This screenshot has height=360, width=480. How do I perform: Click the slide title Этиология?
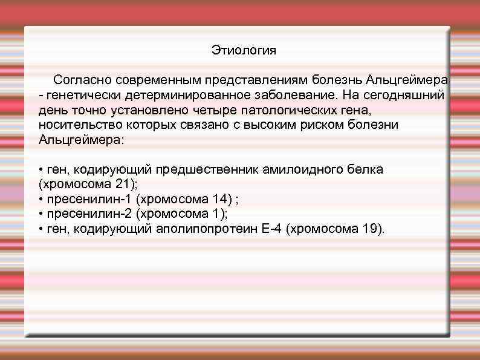[x=244, y=50]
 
